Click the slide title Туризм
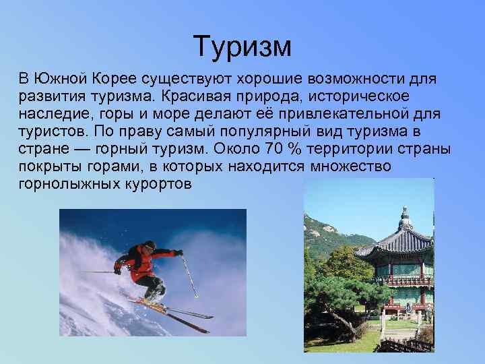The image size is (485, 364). [242, 46]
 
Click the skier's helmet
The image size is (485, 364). [150, 245]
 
